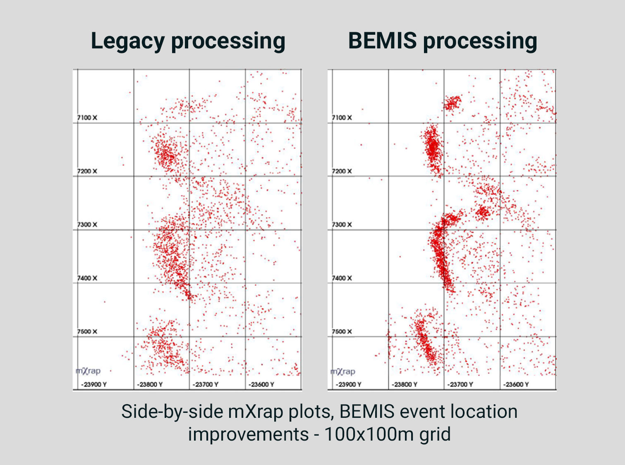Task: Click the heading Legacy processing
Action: tap(188, 41)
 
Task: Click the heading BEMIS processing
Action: tap(443, 41)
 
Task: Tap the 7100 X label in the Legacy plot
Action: tap(87, 118)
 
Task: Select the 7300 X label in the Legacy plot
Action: tap(87, 225)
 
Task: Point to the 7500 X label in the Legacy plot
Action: tap(87, 332)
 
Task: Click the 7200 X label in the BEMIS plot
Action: tap(342, 171)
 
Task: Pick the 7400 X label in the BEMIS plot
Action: tap(342, 278)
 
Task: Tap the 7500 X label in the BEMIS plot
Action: tap(342, 332)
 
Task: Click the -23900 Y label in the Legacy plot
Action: tap(94, 385)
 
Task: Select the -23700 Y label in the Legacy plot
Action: tap(206, 385)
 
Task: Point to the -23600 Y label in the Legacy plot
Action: tap(261, 385)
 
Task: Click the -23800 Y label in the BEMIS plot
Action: tap(405, 385)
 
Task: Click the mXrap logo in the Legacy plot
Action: tap(88, 371)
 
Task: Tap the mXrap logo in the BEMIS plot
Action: tap(343, 372)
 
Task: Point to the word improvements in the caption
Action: tap(248, 434)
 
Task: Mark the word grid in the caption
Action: tap(435, 434)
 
